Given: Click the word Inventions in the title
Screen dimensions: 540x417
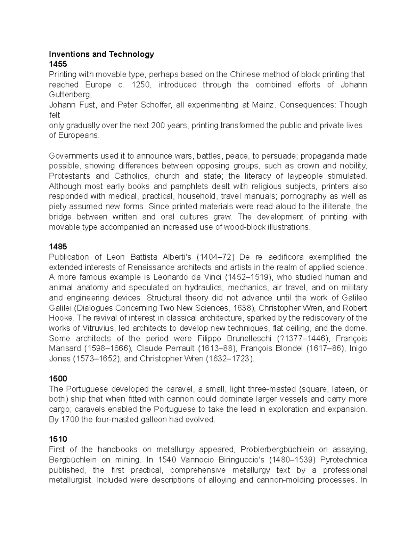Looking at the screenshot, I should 66,54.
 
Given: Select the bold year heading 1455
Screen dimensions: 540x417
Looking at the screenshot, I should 58,64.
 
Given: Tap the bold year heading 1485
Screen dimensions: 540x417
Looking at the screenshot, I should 58,247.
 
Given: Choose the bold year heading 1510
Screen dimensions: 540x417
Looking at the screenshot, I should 58,440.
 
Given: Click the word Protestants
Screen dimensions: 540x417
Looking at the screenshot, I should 69,176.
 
